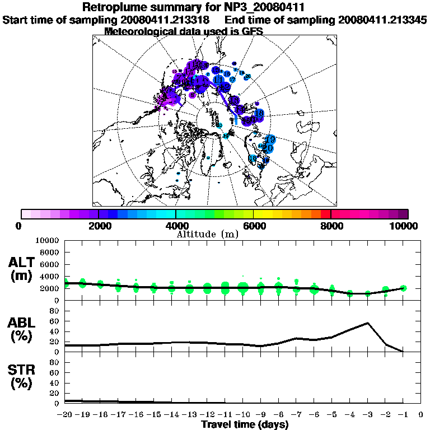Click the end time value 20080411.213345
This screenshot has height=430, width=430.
click(382, 20)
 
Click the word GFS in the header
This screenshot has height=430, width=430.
click(252, 31)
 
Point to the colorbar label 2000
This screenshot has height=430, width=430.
click(99, 226)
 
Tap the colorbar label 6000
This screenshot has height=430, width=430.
click(253, 226)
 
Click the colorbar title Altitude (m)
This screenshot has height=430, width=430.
click(208, 233)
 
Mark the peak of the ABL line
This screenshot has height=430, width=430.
click(367, 323)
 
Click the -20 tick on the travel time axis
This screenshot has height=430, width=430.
click(65, 415)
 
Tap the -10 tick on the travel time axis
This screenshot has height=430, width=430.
click(242, 415)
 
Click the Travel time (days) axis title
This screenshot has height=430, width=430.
click(245, 425)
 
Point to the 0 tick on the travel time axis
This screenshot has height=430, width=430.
click(420, 415)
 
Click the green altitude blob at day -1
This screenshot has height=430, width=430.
click(403, 288)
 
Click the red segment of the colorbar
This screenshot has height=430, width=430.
click(326, 214)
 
